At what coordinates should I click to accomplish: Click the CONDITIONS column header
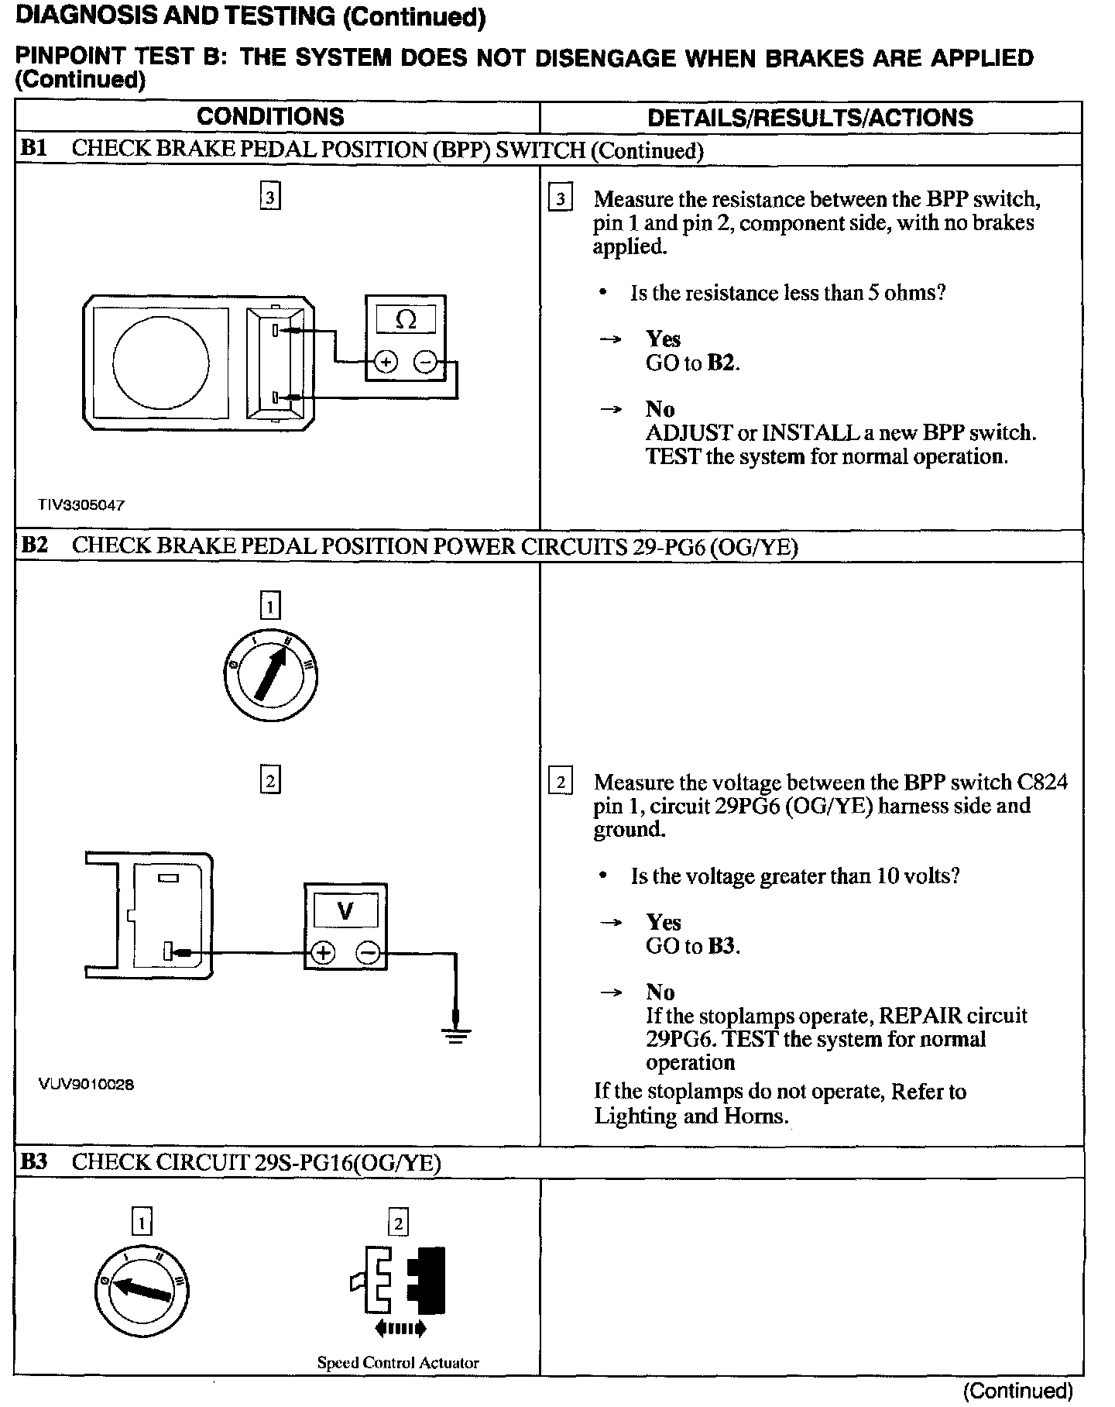(x=270, y=117)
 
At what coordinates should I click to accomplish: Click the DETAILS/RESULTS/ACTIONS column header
(x=810, y=118)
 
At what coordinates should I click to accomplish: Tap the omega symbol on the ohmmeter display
(x=406, y=319)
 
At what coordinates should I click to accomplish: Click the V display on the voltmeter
(x=345, y=911)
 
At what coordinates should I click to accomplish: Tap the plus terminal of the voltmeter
(x=324, y=953)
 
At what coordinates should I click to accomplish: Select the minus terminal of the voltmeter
(x=369, y=953)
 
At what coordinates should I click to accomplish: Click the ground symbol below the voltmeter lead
(x=456, y=1033)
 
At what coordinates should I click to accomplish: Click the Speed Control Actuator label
(x=398, y=1362)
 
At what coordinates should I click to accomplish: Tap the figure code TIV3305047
(x=81, y=505)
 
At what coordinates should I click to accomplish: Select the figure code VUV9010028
(x=86, y=1085)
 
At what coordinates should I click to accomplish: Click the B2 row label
(x=34, y=545)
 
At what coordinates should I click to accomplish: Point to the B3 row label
(x=34, y=1162)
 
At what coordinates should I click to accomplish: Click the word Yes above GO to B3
(x=664, y=922)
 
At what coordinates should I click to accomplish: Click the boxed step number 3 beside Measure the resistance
(x=560, y=199)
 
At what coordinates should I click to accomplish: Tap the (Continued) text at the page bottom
(x=1017, y=1391)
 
